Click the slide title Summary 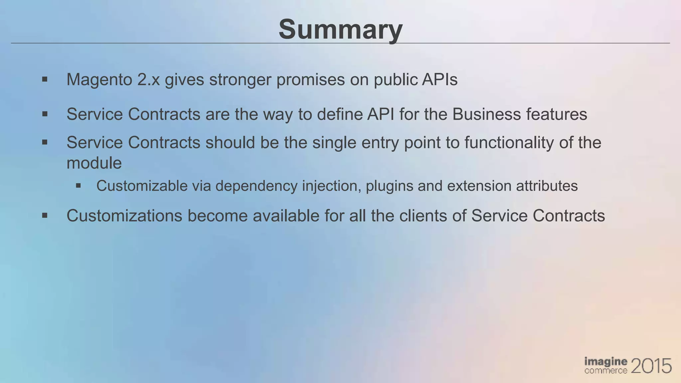tap(340, 29)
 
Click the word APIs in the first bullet tap(440, 79)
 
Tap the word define tap(339, 114)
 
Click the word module tap(94, 163)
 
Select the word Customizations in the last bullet tap(124, 216)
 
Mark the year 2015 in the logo tap(651, 366)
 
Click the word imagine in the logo tap(606, 362)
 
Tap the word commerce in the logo tap(606, 371)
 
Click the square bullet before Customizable tap(78, 186)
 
